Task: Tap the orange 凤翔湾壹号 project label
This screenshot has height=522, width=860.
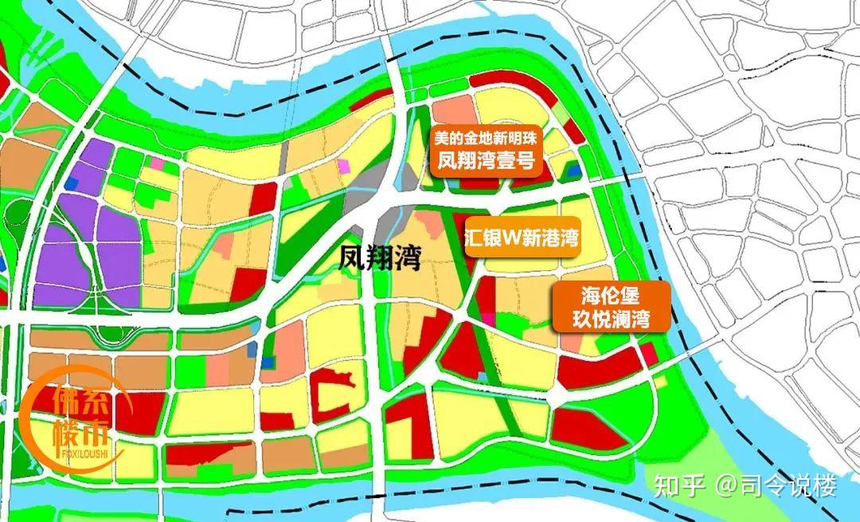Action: pyautogui.click(x=487, y=160)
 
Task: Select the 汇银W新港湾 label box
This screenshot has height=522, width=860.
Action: pyautogui.click(x=522, y=237)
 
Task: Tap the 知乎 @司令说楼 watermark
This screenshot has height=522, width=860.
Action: pyautogui.click(x=744, y=485)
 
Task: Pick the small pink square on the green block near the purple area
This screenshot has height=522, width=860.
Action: pyautogui.click(x=156, y=163)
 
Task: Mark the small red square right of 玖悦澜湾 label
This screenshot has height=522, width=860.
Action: pyautogui.click(x=650, y=353)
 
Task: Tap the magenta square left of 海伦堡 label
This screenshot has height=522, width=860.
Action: pyautogui.click(x=487, y=319)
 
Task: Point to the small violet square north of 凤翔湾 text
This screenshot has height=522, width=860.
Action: pyautogui.click(x=343, y=166)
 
